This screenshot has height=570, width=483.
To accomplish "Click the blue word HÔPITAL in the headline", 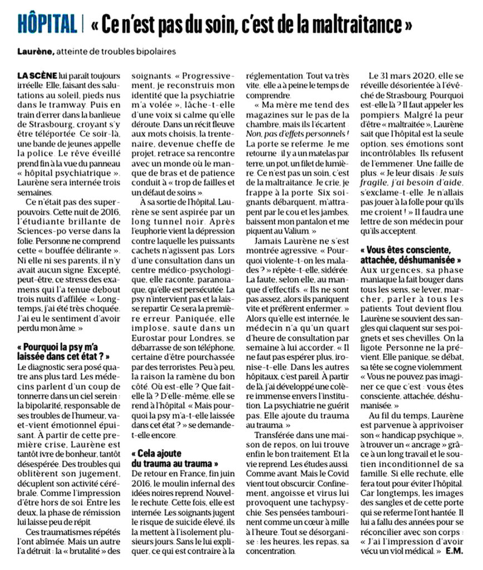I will click(x=47, y=25).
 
